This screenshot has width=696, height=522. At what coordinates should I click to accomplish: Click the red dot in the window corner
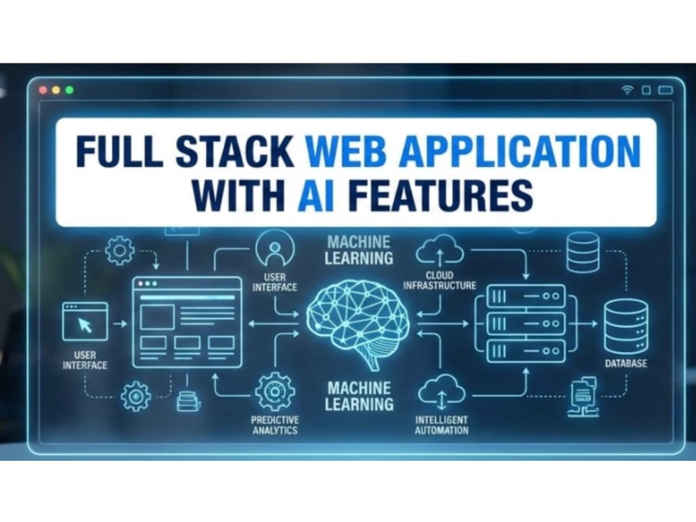[43, 90]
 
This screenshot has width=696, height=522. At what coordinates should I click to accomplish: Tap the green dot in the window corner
[70, 90]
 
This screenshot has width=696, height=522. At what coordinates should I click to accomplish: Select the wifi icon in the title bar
[627, 90]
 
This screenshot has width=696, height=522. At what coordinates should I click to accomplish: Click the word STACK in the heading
[235, 150]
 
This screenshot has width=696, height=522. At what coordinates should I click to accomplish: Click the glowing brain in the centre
[358, 323]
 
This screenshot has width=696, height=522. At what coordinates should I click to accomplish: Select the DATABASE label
[626, 363]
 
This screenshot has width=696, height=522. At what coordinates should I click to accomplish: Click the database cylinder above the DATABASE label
[626, 326]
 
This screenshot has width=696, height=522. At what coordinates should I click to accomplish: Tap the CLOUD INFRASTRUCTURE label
[439, 280]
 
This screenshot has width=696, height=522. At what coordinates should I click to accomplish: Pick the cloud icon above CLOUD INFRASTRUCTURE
[439, 251]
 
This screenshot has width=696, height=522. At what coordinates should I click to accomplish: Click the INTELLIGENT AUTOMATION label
[442, 425]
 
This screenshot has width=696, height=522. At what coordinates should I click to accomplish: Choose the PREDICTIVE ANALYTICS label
[275, 425]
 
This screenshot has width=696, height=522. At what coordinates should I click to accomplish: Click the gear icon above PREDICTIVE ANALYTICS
[275, 391]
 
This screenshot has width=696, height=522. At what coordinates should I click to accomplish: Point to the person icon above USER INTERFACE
[275, 248]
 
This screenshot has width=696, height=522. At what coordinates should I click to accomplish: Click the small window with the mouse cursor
[85, 322]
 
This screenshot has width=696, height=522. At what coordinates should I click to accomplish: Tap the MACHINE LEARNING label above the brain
[359, 251]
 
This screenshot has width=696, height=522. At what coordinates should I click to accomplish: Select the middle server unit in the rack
[526, 324]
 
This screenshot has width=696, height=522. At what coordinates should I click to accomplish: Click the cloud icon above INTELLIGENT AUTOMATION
[442, 391]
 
